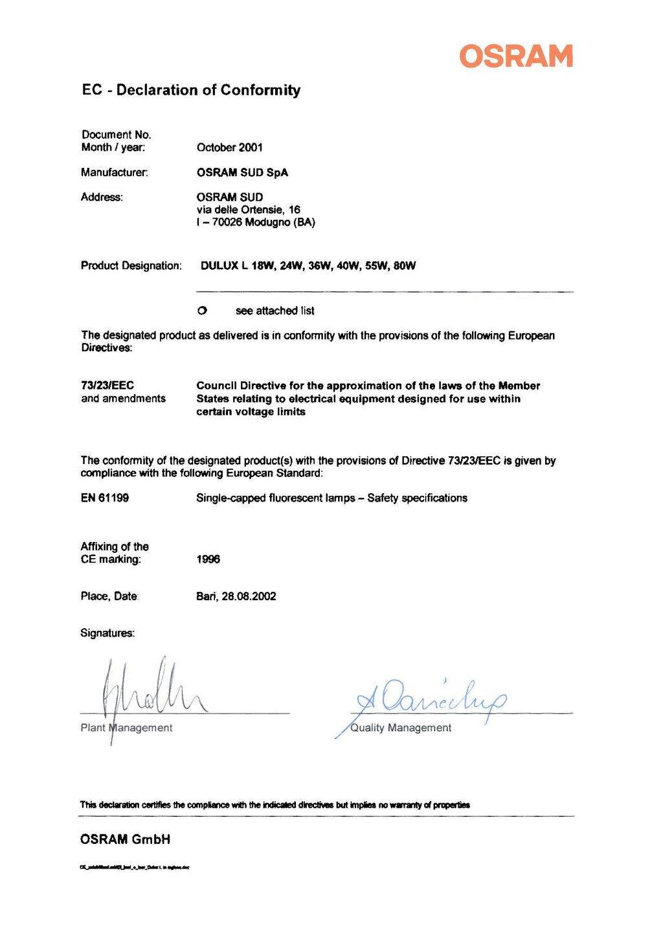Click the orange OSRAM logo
click(516, 56)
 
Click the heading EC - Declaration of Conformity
click(191, 90)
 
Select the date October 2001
click(230, 148)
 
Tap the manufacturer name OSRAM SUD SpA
click(242, 172)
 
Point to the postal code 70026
click(227, 222)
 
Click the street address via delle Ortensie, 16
click(248, 210)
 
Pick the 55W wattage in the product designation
click(376, 266)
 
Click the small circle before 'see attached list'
click(202, 311)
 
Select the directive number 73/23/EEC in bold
click(107, 386)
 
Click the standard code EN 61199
click(105, 498)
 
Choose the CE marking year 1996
click(208, 559)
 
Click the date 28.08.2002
click(249, 596)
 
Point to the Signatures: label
click(107, 633)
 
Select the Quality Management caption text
click(401, 728)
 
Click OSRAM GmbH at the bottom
click(125, 839)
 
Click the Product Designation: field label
click(131, 266)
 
